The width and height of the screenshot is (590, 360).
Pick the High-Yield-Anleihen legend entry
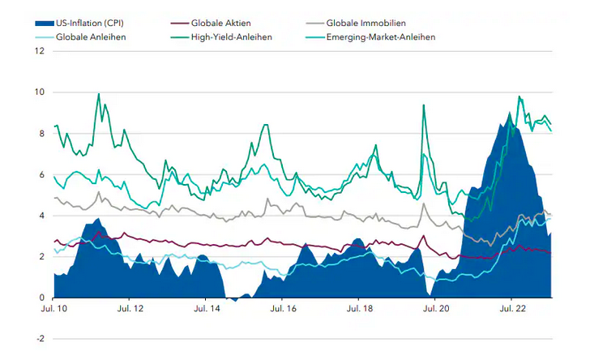[x=232, y=36]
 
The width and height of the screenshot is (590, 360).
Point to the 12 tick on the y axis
[x=40, y=51]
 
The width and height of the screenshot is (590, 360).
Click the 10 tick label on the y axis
[x=40, y=92]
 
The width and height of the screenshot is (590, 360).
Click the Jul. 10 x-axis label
[x=54, y=309]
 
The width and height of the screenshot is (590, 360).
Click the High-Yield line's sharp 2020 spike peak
[x=423, y=105]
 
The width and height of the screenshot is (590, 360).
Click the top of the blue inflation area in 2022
[x=508, y=114]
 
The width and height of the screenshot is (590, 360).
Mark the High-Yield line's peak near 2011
[x=98, y=94]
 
